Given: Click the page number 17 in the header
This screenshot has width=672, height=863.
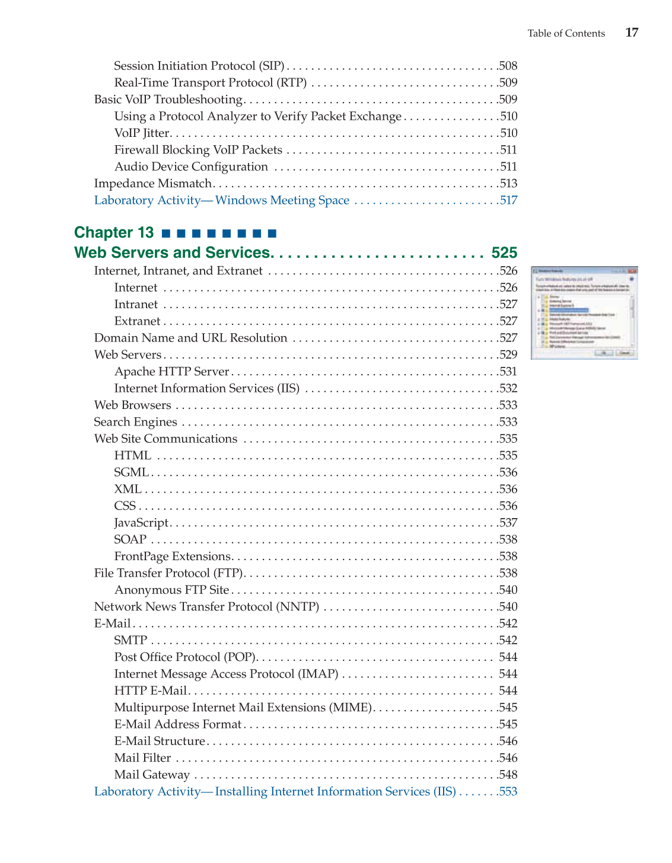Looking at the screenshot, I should pyautogui.click(x=632, y=33).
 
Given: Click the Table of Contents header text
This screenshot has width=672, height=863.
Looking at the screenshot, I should pyautogui.click(x=566, y=34).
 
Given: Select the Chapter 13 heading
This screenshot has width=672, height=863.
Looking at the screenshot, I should pyautogui.click(x=114, y=232).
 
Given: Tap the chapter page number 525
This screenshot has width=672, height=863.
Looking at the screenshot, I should pyautogui.click(x=504, y=252).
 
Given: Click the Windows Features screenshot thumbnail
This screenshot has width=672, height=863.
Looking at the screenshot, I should pyautogui.click(x=584, y=312).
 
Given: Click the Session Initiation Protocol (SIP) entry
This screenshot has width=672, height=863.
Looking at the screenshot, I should pyautogui.click(x=199, y=66).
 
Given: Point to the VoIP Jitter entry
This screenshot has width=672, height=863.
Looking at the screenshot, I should pyautogui.click(x=142, y=133).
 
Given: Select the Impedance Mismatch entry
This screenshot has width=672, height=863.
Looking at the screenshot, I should pyautogui.click(x=153, y=183).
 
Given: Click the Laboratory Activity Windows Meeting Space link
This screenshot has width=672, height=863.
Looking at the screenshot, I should pyautogui.click(x=221, y=200).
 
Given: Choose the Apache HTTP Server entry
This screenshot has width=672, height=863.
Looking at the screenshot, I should pyautogui.click(x=171, y=372).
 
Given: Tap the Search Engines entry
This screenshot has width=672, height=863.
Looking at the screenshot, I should pyautogui.click(x=135, y=422).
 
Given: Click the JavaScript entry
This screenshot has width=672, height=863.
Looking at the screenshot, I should pyautogui.click(x=141, y=523).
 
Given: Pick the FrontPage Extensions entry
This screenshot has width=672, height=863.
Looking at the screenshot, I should pyautogui.click(x=172, y=556).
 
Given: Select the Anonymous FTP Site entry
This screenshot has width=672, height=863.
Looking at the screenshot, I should pyautogui.click(x=171, y=590).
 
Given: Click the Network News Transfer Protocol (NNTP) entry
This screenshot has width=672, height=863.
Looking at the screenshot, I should pyautogui.click(x=206, y=606).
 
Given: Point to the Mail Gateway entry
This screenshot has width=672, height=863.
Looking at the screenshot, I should pyautogui.click(x=152, y=775).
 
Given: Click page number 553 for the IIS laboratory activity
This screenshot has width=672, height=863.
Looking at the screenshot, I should pyautogui.click(x=508, y=791).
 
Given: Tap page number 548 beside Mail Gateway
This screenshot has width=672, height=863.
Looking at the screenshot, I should pyautogui.click(x=508, y=775).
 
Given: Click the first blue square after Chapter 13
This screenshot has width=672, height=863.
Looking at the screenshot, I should pyautogui.click(x=166, y=234).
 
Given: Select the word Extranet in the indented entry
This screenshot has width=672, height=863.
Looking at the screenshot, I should pyautogui.click(x=137, y=321).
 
